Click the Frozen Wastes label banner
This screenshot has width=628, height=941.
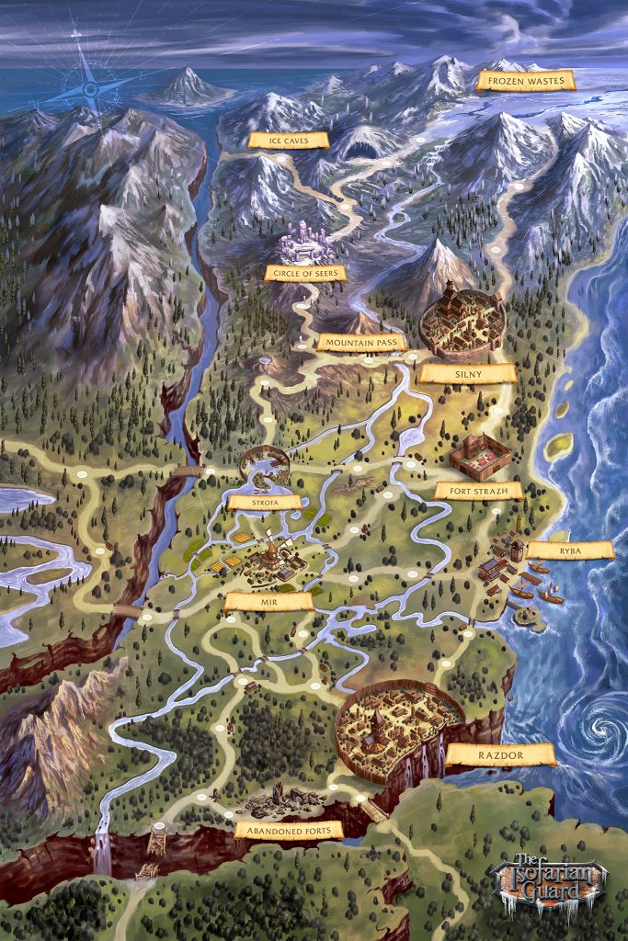526,81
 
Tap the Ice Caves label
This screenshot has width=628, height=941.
289,141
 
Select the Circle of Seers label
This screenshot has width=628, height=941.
304,273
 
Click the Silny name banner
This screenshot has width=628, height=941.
467,374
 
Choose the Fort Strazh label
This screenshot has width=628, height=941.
478,491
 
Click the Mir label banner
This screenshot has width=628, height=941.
268,602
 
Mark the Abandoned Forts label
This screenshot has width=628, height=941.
289,831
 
